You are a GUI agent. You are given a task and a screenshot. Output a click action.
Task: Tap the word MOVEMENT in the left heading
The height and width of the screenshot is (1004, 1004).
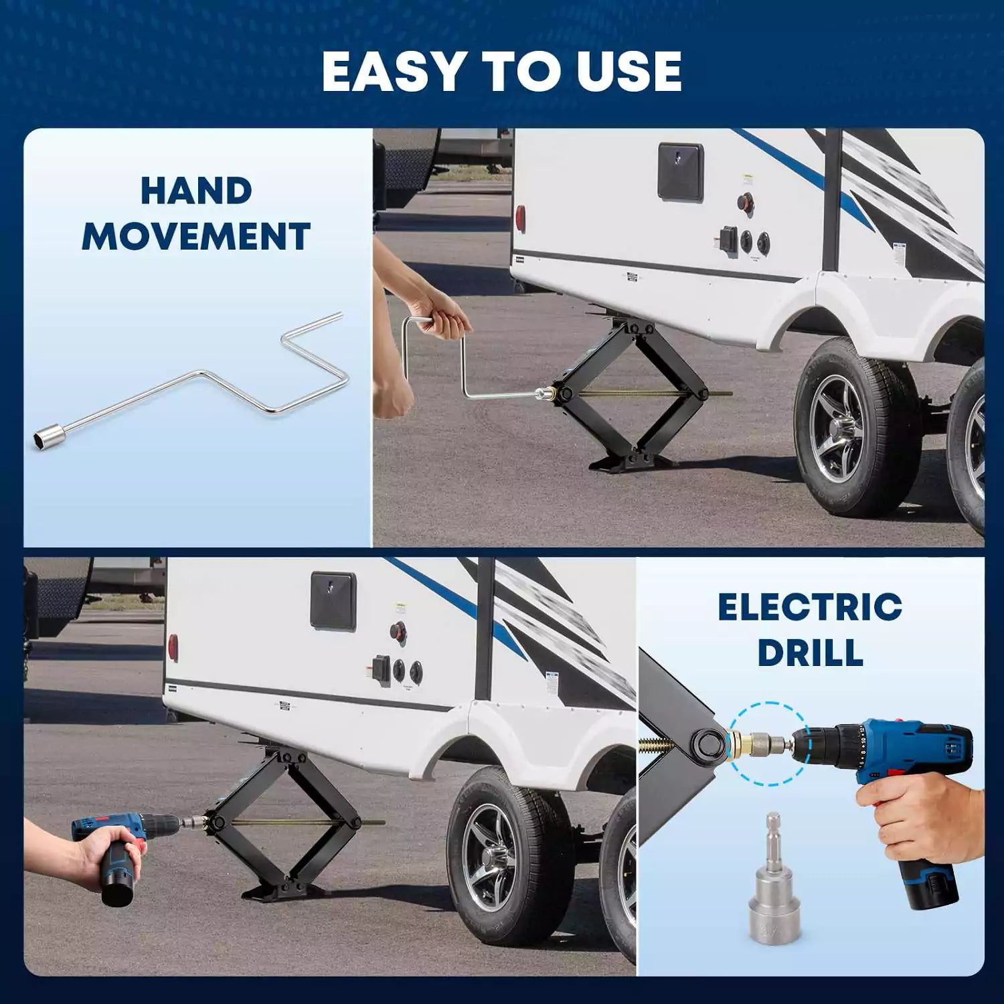click(x=196, y=236)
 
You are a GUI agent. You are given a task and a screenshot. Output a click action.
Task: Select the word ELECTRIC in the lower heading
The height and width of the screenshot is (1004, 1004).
click(x=810, y=607)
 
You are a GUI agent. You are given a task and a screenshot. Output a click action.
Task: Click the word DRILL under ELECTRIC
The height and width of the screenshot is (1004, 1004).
click(x=810, y=653)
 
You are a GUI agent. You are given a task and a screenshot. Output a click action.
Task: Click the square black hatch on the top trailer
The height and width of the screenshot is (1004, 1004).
click(x=681, y=171)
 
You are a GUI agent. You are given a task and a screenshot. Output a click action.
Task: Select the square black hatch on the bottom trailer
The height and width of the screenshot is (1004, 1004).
click(x=333, y=600)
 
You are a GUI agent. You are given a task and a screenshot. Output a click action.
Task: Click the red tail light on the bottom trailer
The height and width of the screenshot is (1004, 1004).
click(x=173, y=647)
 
